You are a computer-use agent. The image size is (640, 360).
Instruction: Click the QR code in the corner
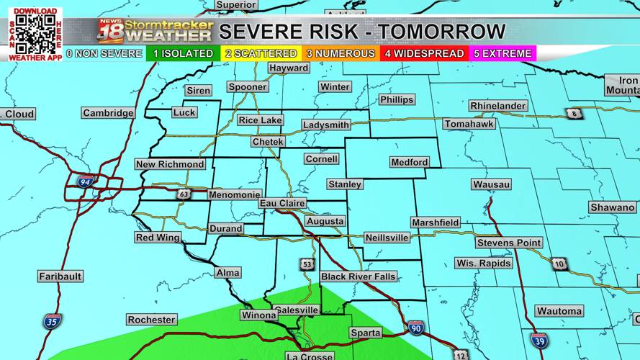tap(35, 33)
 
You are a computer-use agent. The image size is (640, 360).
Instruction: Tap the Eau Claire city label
tap(282, 204)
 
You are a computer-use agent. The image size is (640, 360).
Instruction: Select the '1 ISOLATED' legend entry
tap(183, 54)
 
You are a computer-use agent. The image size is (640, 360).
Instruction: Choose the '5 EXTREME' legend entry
tap(502, 54)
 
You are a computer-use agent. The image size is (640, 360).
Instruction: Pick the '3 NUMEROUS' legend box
tap(341, 54)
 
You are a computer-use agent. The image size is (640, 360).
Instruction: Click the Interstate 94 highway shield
tap(86, 182)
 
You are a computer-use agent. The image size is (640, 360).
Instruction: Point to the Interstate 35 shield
tap(52, 321)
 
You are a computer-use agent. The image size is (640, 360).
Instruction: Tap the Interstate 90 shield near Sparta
tap(415, 328)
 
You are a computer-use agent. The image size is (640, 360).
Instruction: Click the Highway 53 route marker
tap(307, 264)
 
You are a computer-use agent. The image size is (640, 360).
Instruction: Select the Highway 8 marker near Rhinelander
tap(574, 114)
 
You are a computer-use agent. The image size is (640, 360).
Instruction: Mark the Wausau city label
tap(492, 184)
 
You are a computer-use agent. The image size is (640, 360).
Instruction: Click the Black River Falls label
tap(358, 276)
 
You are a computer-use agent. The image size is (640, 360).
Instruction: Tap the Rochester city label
tap(151, 320)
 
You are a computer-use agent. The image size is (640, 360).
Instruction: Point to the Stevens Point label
tap(509, 243)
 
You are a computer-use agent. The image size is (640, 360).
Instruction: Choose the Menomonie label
tap(234, 194)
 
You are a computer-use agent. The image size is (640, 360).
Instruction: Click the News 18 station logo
tap(111, 32)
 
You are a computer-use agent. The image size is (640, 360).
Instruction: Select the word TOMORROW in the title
tap(442, 32)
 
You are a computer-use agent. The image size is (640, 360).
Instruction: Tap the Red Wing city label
tap(158, 238)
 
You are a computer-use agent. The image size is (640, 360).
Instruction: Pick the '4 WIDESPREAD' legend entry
tap(424, 54)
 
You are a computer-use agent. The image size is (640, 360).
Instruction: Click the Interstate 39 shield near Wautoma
tap(539, 341)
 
